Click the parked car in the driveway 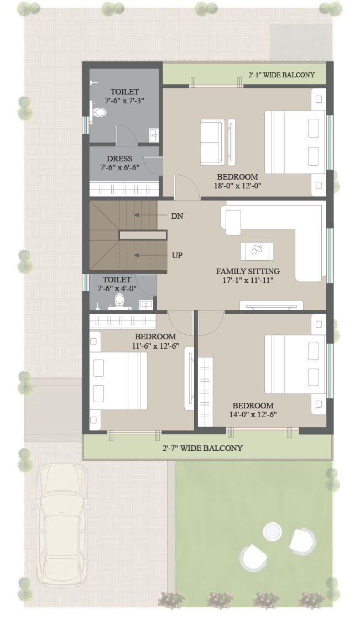[x=61, y=526]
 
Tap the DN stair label [x=177, y=216]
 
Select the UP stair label [x=177, y=255]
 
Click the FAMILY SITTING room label [x=248, y=271]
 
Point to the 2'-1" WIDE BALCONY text [x=282, y=75]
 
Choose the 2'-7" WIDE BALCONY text [x=202, y=448]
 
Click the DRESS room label [x=119, y=159]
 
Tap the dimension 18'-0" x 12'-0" [x=238, y=186]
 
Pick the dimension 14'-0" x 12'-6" [x=253, y=414]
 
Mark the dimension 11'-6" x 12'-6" [x=155, y=345]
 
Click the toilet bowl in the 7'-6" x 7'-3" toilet [x=98, y=112]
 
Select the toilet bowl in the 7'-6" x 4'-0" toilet [x=119, y=301]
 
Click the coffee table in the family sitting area [x=257, y=251]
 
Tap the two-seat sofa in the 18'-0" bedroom [x=212, y=142]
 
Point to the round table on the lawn [x=273, y=532]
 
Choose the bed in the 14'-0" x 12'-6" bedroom [x=295, y=364]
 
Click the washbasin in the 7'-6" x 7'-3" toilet [x=153, y=135]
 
